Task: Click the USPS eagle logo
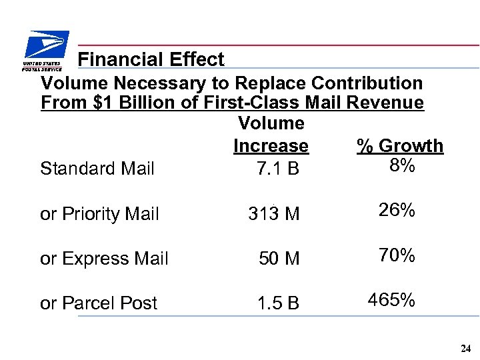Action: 44,51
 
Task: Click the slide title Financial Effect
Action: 151,59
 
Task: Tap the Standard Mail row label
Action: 97,169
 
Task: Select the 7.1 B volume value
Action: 277,169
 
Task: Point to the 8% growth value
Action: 401,165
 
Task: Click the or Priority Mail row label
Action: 99,214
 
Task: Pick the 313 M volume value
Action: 273,214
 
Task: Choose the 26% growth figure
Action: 397,211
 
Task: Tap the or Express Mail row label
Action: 104,259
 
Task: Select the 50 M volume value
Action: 279,259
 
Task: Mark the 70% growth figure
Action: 397,255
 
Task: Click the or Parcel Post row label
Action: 99,303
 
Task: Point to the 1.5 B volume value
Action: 278,303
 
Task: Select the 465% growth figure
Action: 391,300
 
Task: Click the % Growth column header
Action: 400,146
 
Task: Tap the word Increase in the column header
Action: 271,146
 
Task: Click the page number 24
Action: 465,349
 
